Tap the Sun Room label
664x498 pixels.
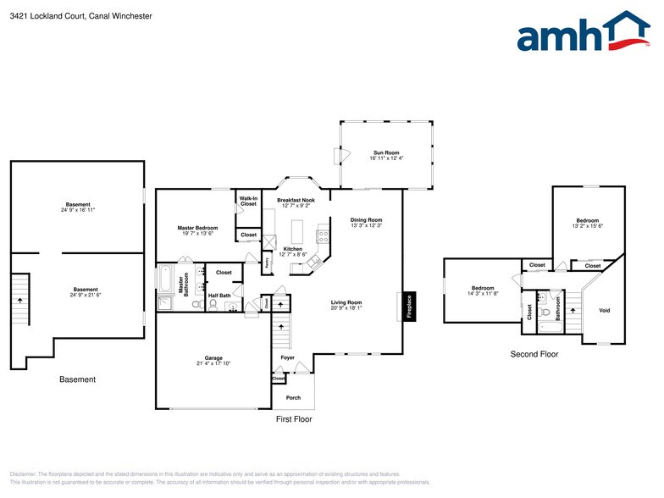(386, 152)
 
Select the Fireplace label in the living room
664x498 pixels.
(408, 307)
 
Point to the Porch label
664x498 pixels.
(292, 397)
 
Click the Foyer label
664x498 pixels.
(288, 357)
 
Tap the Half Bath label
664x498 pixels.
(219, 296)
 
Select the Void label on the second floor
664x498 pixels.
(604, 310)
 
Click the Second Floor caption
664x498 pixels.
(534, 353)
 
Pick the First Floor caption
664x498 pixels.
(294, 419)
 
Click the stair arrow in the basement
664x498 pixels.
(20, 300)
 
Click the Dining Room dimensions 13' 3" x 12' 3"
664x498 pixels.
(367, 225)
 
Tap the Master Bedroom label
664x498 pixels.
(197, 228)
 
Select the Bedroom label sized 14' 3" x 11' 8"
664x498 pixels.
(482, 288)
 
